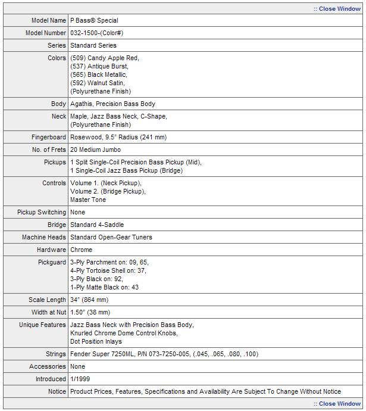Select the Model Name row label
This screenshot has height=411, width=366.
click(49, 20)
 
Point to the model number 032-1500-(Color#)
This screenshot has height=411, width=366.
click(96, 33)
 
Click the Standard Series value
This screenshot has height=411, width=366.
click(93, 45)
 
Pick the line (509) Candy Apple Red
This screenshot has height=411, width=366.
click(104, 58)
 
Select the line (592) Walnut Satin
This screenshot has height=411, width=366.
click(97, 83)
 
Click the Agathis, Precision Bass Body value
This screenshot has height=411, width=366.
click(112, 104)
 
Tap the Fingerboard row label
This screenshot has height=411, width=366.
click(49, 137)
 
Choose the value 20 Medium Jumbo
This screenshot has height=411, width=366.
click(95, 150)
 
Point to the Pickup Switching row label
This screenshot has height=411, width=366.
click(42, 212)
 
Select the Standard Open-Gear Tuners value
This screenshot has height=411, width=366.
click(111, 237)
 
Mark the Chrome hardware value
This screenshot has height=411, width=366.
click(81, 250)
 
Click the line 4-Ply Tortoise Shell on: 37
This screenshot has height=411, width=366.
click(108, 270)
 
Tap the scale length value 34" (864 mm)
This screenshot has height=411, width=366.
click(89, 300)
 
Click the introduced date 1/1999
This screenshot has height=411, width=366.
click(80, 379)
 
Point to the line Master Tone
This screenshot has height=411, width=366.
click(88, 200)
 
